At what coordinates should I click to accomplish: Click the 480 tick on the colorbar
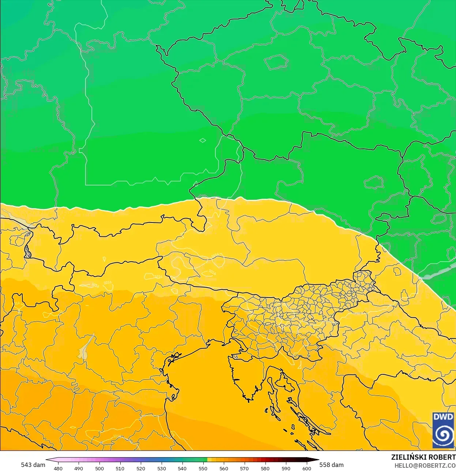(x=58, y=468)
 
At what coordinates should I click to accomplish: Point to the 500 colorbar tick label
(x=99, y=468)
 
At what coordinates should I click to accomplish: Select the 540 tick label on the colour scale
(x=182, y=468)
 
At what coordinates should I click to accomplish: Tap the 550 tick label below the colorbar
(x=203, y=468)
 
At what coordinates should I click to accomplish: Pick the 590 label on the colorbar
(x=286, y=468)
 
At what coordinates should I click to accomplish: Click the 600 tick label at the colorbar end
(x=306, y=468)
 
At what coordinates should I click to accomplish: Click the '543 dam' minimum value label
(x=33, y=465)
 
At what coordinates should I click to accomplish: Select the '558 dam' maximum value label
(x=331, y=465)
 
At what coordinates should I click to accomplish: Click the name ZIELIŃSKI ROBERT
(x=423, y=457)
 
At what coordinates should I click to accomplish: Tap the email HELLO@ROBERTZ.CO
(x=425, y=466)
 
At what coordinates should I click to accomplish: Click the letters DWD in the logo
(x=443, y=417)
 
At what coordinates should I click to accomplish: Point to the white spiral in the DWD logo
(x=443, y=435)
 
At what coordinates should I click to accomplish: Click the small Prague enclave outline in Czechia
(x=276, y=62)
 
